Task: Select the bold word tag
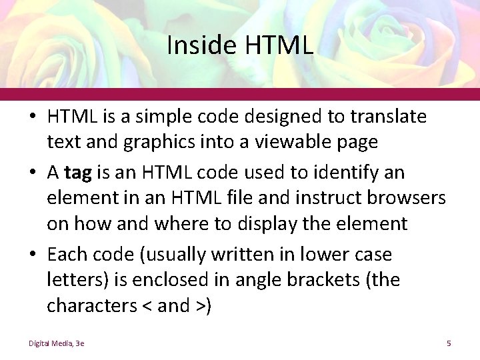(x=79, y=173)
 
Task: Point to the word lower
(x=324, y=255)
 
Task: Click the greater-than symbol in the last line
(x=200, y=306)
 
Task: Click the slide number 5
(x=449, y=343)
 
